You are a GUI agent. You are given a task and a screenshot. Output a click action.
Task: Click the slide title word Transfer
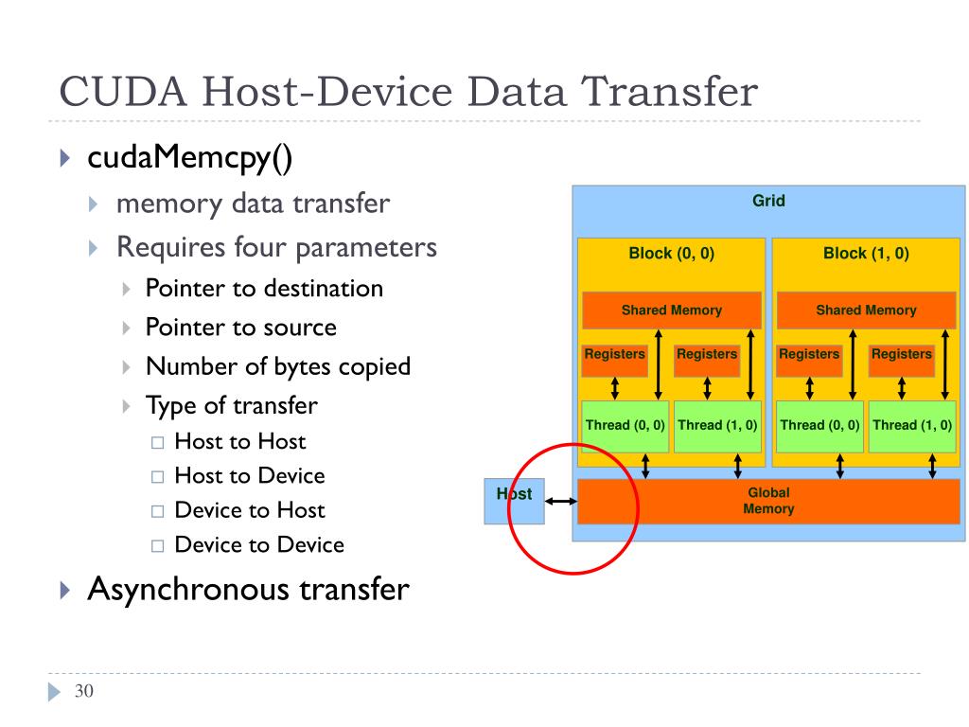point(670,94)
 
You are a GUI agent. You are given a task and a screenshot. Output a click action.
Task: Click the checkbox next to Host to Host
point(157,442)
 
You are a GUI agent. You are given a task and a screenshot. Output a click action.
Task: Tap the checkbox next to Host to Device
point(157,477)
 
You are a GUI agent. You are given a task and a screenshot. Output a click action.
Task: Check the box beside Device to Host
point(157,511)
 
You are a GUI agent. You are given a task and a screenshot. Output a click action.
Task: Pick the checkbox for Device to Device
point(157,546)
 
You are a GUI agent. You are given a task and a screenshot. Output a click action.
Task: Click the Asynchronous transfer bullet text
point(248,589)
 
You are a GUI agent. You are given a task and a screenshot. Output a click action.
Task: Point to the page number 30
point(84,692)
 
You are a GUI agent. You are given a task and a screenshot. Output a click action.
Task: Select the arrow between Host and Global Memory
point(561,501)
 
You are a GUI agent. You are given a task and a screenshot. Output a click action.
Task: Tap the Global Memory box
point(768,501)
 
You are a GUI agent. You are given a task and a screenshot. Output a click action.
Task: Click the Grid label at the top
point(768,201)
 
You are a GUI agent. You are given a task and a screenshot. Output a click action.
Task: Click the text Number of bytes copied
point(277,366)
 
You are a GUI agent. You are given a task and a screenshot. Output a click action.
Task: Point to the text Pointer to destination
point(264,289)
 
